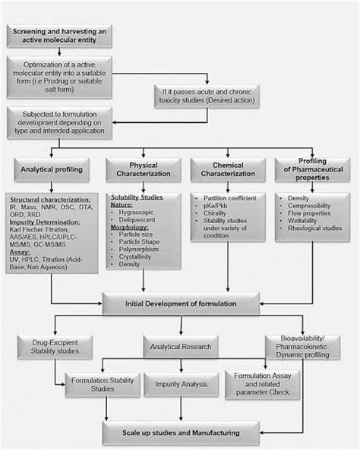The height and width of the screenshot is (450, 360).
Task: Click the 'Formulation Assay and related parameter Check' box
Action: click(263, 382)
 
